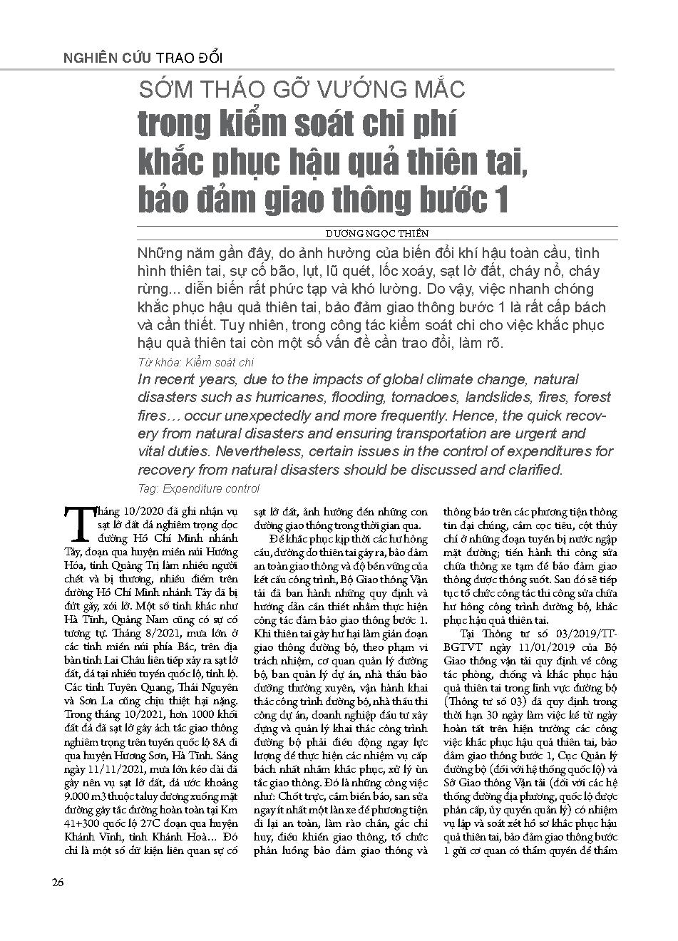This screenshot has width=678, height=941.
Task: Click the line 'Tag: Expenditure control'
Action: coord(199,489)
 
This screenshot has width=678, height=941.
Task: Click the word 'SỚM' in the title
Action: coord(163,89)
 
